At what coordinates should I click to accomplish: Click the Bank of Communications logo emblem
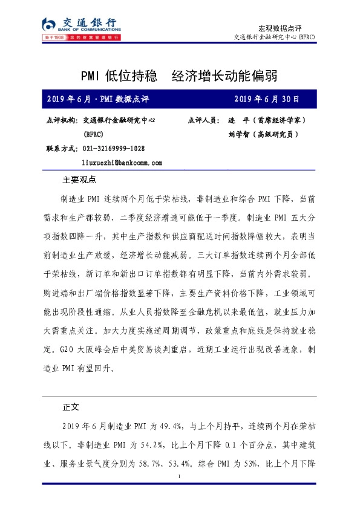(49, 25)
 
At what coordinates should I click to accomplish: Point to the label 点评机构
(62, 120)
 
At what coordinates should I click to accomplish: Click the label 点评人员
(205, 120)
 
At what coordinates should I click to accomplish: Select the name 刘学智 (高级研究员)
(263, 135)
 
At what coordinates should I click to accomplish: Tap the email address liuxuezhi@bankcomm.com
(122, 163)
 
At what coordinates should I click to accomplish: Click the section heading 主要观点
(80, 180)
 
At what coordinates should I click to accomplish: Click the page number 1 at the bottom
(180, 478)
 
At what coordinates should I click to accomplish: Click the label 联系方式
(62, 149)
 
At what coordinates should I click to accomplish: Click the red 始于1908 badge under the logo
(54, 38)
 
